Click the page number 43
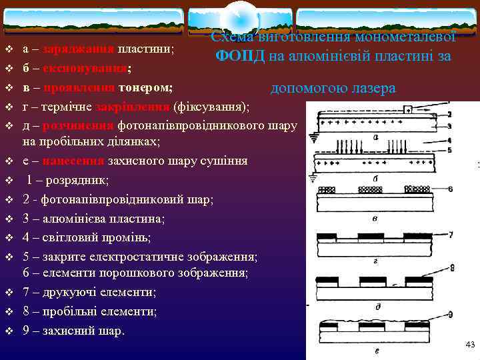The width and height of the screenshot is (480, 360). point(469,344)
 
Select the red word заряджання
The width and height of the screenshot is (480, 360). point(78,49)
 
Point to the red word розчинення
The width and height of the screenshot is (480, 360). point(77,125)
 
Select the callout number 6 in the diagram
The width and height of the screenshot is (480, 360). point(451,189)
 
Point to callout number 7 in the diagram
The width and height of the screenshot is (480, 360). point(451,235)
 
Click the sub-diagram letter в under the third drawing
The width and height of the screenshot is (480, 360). point(375,218)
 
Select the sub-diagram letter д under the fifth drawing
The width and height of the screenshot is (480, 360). point(377,306)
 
